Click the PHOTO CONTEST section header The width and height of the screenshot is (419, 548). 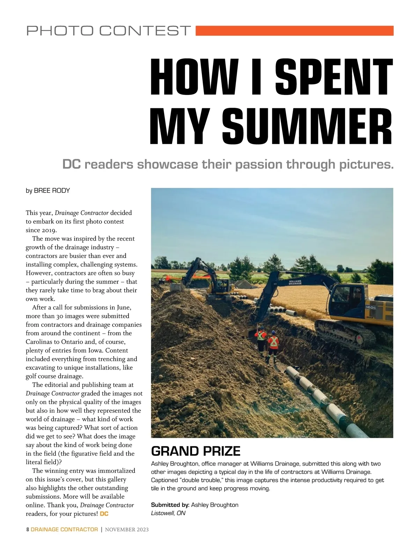coord(109,31)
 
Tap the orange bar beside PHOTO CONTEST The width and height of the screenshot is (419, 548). coord(294,31)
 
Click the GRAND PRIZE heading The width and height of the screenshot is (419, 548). coord(196,451)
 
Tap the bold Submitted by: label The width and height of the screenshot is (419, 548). coord(170,505)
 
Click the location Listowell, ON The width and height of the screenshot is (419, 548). coord(168,513)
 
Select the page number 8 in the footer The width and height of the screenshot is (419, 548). coord(28,529)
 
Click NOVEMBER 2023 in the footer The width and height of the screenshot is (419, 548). coord(127,529)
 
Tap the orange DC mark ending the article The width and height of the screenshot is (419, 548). coord(104,514)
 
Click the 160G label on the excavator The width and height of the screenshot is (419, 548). coord(370,307)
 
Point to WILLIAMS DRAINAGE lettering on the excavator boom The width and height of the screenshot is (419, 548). coord(295,282)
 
